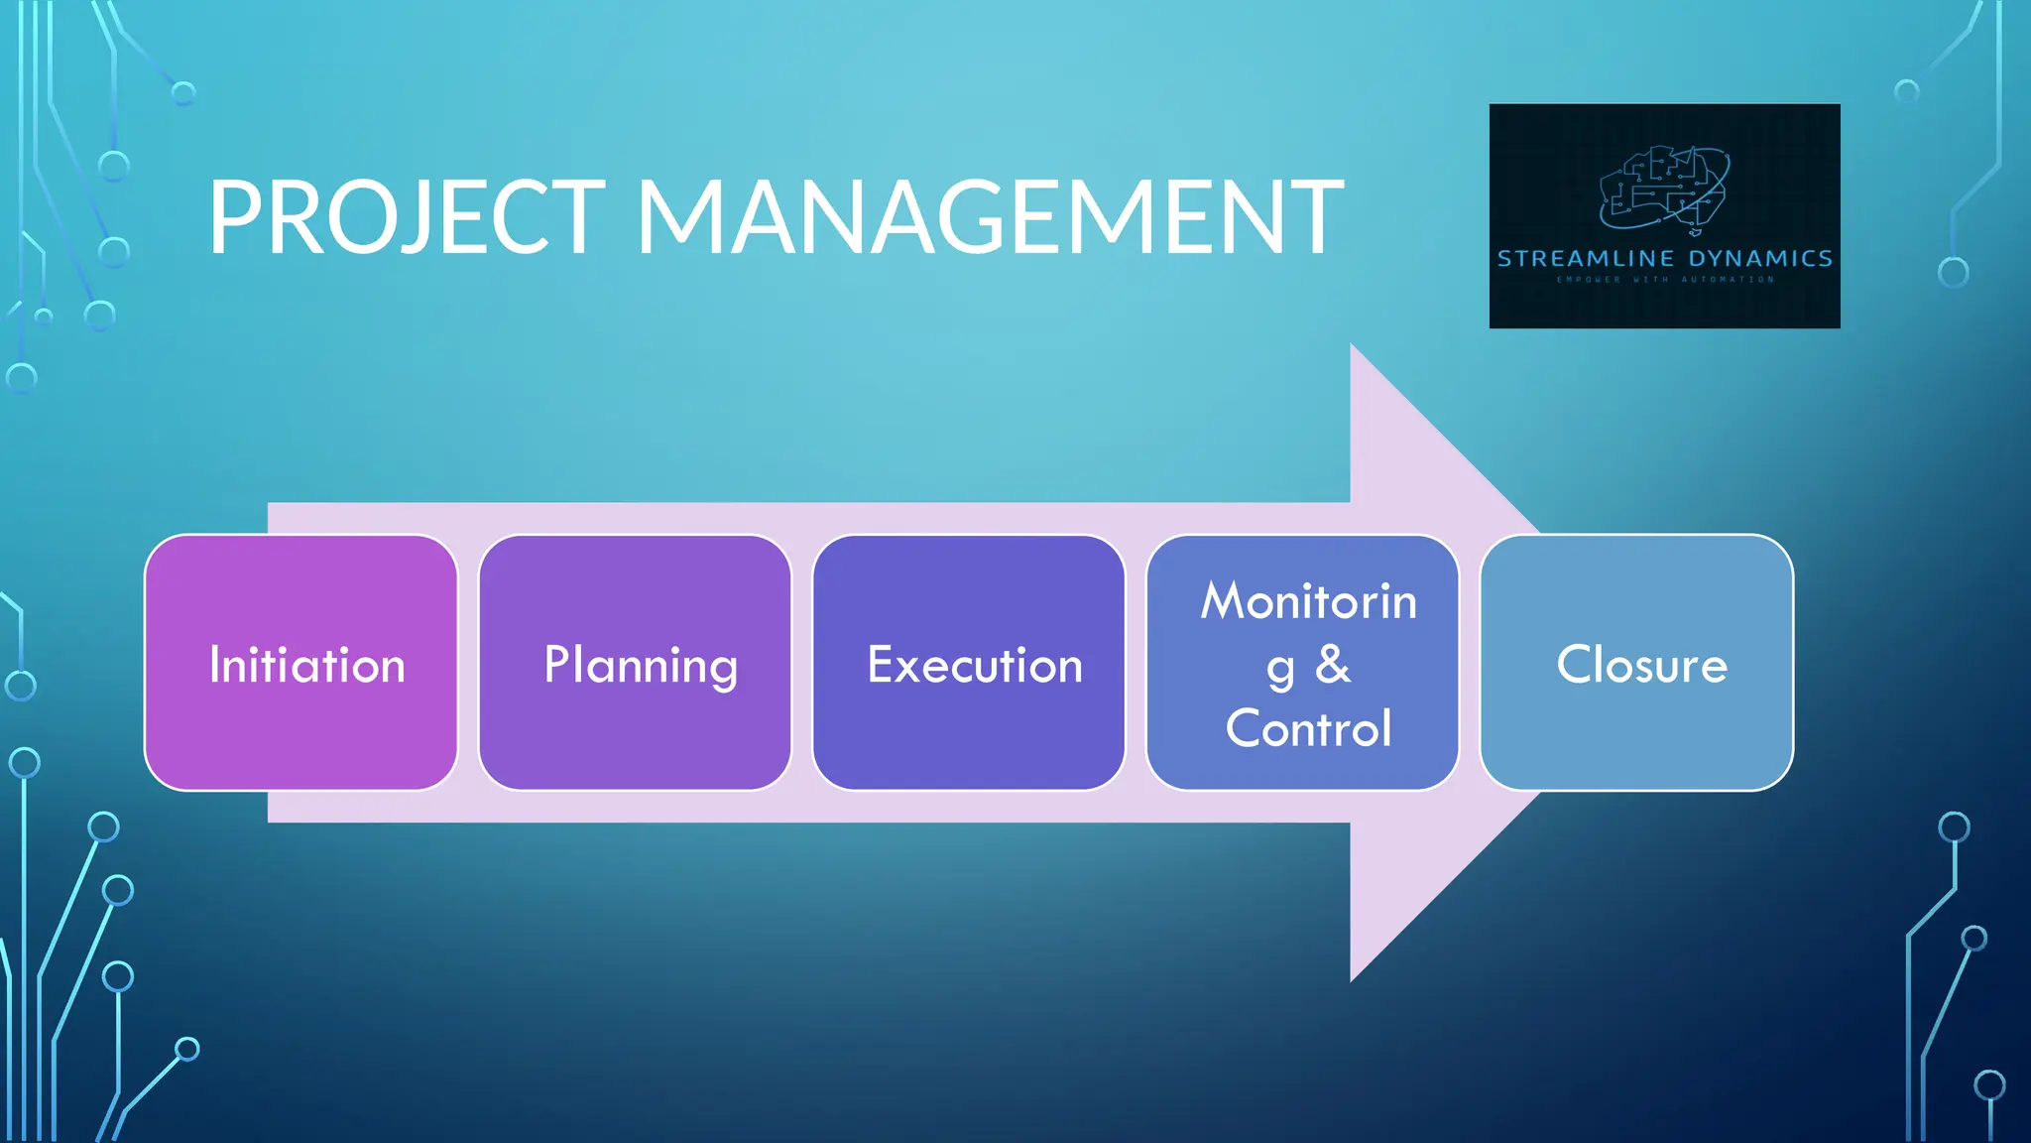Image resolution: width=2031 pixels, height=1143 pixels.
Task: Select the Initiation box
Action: click(x=301, y=663)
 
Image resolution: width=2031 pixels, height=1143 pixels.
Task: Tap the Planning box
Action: click(x=635, y=663)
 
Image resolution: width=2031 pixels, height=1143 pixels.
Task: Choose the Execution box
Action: click(x=969, y=663)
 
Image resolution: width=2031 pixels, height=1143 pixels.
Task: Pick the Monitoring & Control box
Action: click(x=1302, y=663)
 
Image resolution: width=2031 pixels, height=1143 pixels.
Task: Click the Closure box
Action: click(x=1636, y=663)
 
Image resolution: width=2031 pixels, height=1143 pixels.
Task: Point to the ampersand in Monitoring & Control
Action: click(x=1333, y=665)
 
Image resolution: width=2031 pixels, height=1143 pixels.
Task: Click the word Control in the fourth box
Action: click(x=1308, y=728)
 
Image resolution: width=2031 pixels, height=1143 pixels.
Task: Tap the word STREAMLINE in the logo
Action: click(x=1586, y=259)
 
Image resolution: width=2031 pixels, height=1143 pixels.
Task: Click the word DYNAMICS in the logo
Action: click(x=1760, y=259)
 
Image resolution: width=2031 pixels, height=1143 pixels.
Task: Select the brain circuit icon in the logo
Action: click(x=1665, y=189)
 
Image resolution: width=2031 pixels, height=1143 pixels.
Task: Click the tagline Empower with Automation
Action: click(x=1665, y=280)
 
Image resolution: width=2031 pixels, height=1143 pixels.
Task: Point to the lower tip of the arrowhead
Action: click(x=1353, y=976)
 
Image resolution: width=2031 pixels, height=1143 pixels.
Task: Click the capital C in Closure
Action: click(x=1574, y=664)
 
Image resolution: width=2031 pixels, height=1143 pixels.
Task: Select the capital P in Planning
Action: click(x=557, y=664)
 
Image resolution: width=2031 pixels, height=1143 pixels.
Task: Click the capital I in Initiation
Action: click(x=214, y=664)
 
